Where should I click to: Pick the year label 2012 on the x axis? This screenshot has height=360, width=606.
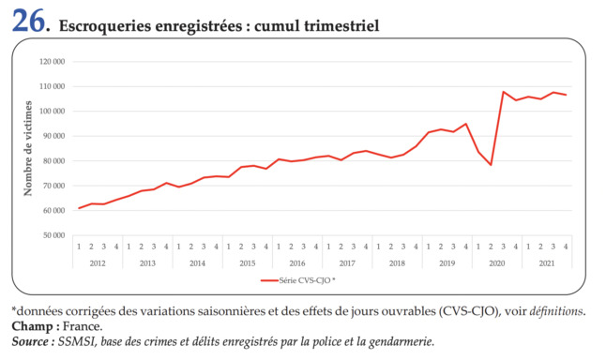tap(98, 263)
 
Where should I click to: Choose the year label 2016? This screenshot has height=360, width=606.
tap(297, 263)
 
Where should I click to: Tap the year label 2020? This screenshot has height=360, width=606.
tap(497, 263)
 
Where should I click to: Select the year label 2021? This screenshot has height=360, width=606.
tap(547, 263)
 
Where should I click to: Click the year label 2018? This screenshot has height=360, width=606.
tap(397, 263)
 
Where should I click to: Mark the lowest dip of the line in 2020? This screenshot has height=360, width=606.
tap(491, 165)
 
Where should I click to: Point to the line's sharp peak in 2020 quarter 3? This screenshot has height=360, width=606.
tap(504, 92)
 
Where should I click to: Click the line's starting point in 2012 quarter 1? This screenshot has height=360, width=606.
tap(79, 208)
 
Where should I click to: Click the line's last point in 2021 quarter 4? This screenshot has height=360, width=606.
tap(566, 95)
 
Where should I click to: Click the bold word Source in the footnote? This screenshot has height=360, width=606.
tap(35, 342)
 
